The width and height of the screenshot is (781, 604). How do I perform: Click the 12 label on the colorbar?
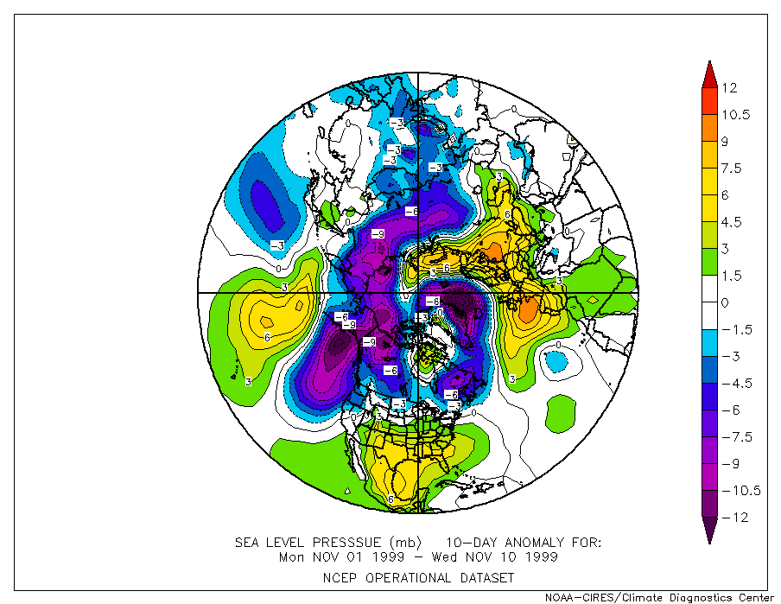(730, 87)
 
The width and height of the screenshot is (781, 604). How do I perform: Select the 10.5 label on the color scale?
(735, 114)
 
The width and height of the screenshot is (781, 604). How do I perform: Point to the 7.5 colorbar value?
(732, 168)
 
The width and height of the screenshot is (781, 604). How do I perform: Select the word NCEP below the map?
(339, 577)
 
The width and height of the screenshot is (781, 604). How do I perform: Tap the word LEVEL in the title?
(293, 543)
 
